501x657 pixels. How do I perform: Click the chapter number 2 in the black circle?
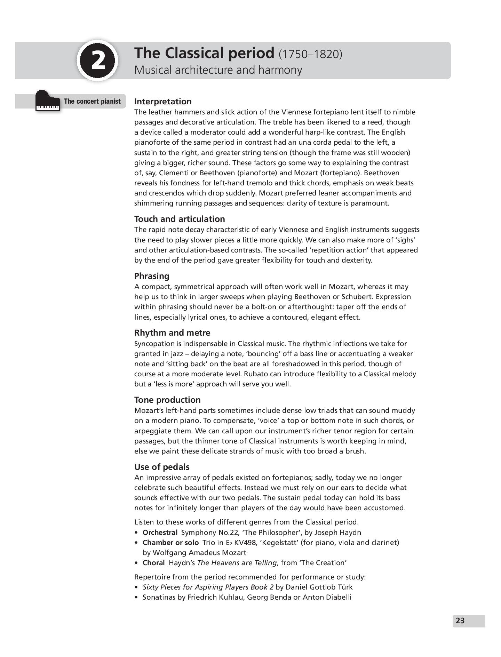point(97,61)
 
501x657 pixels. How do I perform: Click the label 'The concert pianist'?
point(92,101)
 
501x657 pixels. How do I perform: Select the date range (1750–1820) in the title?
point(310,54)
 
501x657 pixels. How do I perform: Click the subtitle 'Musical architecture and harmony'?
point(218,70)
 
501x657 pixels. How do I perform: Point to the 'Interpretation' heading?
point(163,101)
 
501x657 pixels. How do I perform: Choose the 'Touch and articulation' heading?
point(180,219)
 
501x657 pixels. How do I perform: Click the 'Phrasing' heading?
point(152,276)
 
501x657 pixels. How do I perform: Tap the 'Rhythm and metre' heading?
point(172,333)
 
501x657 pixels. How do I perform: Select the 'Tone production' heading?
point(167,400)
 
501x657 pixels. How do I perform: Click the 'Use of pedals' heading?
point(162,467)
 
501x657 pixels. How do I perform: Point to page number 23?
point(460,620)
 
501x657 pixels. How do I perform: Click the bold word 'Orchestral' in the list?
point(160,532)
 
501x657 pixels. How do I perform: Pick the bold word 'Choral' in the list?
point(153,563)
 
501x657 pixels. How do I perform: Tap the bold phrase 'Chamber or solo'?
point(170,543)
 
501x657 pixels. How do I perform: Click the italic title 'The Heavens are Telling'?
point(237,563)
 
